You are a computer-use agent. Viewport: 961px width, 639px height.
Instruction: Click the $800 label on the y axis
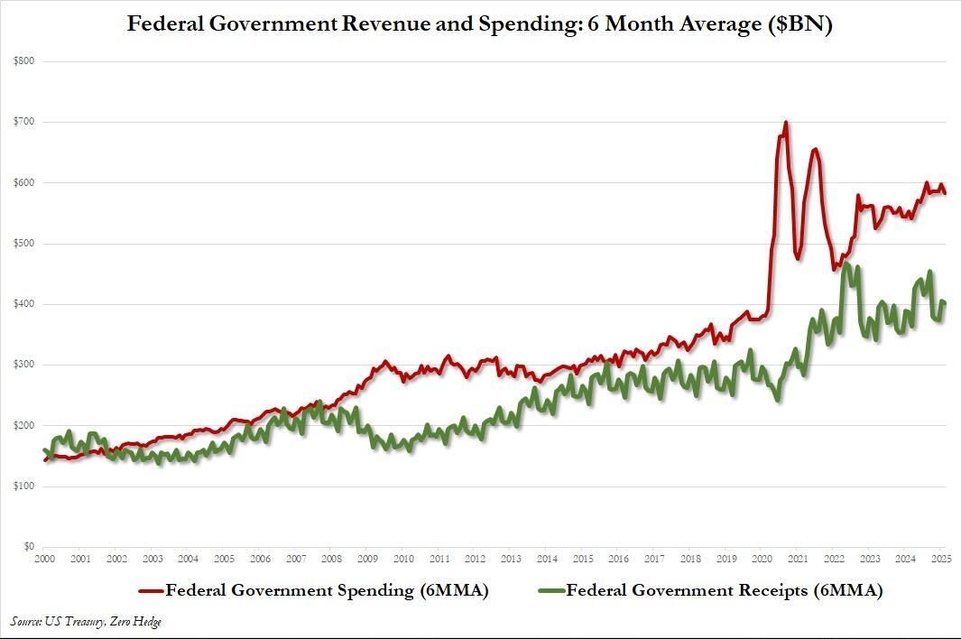click(23, 60)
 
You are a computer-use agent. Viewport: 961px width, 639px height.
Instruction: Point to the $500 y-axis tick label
click(23, 243)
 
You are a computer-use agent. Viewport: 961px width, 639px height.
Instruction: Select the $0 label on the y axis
click(28, 546)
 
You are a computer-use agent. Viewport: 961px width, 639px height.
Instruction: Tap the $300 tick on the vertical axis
click(23, 364)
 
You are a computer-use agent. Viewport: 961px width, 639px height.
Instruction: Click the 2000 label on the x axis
click(44, 560)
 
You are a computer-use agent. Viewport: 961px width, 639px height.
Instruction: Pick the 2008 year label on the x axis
click(331, 560)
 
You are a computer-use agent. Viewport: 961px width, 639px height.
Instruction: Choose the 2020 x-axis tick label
click(762, 560)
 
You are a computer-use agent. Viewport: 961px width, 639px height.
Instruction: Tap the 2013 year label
click(511, 560)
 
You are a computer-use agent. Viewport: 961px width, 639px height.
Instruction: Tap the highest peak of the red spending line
click(785, 122)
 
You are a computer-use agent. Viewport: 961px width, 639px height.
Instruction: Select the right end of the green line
click(945, 303)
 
